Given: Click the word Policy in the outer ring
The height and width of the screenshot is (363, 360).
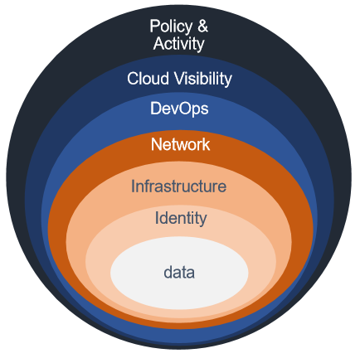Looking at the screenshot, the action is coord(171,27).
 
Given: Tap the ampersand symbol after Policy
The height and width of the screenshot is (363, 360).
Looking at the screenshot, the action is coord(202,26).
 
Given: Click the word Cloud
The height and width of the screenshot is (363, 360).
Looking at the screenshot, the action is coord(148,79).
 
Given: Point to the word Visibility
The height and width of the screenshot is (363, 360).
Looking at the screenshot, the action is coord(203,80).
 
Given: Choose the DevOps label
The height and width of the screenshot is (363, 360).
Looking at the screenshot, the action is coord(179,109).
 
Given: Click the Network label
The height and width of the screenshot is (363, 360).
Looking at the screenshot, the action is coord(180,144).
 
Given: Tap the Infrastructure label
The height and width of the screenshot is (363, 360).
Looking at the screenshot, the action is coord(179,186).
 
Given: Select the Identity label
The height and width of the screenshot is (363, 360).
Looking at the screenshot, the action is coord(181,219).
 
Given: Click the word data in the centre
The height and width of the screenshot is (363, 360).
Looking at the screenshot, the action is coord(179,273).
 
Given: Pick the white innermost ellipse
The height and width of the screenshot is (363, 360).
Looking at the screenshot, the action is coord(179,273).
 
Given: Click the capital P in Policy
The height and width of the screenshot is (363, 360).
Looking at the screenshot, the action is coord(155,26).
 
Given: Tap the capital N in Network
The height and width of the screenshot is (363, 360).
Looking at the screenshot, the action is coord(157,144).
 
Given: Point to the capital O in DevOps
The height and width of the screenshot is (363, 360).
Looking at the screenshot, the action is coord(179,109).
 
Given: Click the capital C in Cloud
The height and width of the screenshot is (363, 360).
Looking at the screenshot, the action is coord(134,79).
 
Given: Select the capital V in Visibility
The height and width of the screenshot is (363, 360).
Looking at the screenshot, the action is coord(181,79).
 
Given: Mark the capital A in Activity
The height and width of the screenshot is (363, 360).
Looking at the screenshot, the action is coord(159,43).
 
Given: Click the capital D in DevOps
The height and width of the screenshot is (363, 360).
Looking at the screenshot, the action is coord(156,109).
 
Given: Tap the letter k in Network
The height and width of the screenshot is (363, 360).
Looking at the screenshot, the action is coord(206,144).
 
